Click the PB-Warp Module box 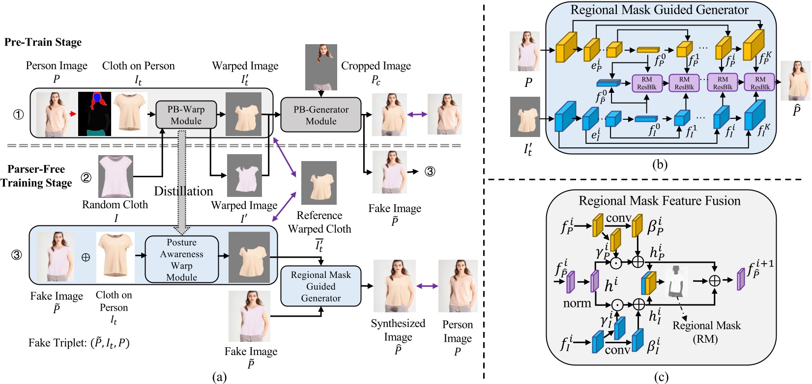(x=186, y=115)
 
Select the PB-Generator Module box (x=320, y=115)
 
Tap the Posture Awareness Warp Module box (x=181, y=260)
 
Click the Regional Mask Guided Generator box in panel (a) (x=320, y=286)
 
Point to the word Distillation (x=183, y=191)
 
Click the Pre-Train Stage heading (x=43, y=42)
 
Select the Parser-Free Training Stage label (x=36, y=176)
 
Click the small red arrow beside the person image (x=73, y=114)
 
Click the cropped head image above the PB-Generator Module (x=321, y=67)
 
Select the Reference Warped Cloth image (x=319, y=183)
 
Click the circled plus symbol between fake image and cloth (x=86, y=257)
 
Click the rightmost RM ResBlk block (x=760, y=82)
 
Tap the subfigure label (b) (x=659, y=165)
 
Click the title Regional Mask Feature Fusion (x=659, y=201)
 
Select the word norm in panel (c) (x=577, y=303)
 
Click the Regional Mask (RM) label (x=706, y=331)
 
